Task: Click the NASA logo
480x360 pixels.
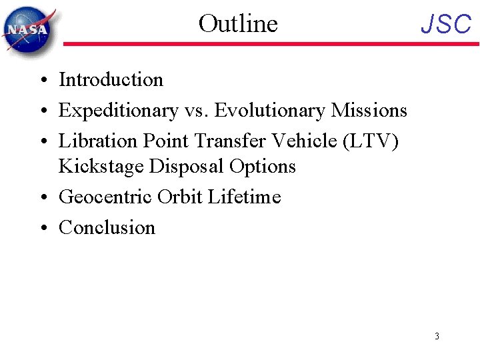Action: tap(28, 30)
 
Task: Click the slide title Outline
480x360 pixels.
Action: tap(238, 23)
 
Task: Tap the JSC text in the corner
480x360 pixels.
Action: tap(446, 25)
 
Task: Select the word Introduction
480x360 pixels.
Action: tap(111, 80)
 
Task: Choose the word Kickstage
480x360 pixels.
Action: tap(101, 165)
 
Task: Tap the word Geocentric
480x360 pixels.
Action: tap(105, 197)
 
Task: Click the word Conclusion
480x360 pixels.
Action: tap(107, 227)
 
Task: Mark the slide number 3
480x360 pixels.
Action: tap(437, 336)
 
